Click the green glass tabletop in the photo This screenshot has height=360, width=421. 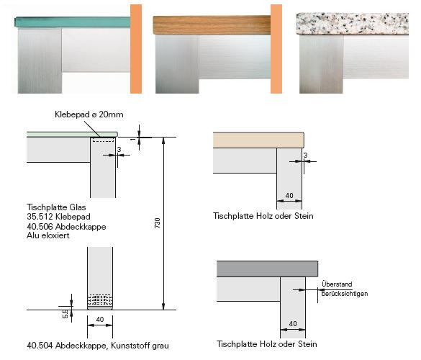[x=73, y=22]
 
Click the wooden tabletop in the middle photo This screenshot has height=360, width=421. [x=212, y=25]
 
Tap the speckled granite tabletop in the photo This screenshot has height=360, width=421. [x=352, y=24]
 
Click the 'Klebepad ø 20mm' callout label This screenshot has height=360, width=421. [x=89, y=114]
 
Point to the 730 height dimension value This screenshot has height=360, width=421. [x=158, y=223]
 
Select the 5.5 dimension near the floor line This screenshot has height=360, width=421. [x=65, y=314]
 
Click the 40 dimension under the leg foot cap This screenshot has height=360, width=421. [x=100, y=320]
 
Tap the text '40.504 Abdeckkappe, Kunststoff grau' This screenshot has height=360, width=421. [x=98, y=346]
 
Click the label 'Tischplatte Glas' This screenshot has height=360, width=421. [x=56, y=207]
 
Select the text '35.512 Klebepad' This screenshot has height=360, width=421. [x=58, y=217]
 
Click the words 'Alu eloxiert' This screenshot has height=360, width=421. [x=48, y=235]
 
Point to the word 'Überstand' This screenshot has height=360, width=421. [x=337, y=284]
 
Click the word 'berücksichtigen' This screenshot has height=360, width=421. [x=345, y=294]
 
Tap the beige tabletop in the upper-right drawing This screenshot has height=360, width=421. [x=258, y=140]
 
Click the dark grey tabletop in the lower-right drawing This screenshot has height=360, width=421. [x=267, y=269]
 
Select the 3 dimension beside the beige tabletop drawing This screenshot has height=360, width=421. [x=305, y=156]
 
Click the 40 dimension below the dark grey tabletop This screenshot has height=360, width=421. [x=293, y=324]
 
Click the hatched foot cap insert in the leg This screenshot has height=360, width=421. [x=100, y=300]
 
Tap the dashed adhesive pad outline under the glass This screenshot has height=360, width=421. [x=103, y=140]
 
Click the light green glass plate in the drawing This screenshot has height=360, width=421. [x=72, y=134]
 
